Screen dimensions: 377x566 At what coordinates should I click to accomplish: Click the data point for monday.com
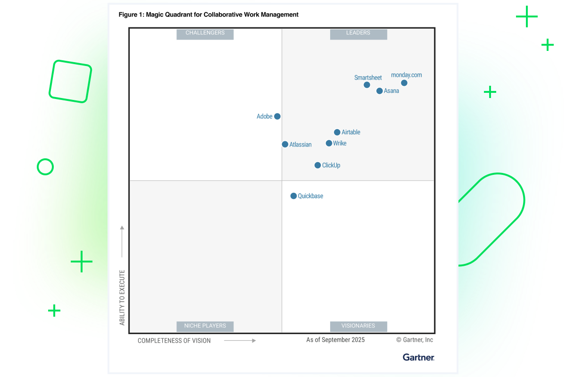click(404, 83)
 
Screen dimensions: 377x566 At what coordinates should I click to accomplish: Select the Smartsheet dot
click(367, 85)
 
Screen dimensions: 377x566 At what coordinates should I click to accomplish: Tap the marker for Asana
click(380, 91)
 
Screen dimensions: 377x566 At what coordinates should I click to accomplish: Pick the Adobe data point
click(277, 116)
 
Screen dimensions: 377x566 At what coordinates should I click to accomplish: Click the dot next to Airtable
click(337, 132)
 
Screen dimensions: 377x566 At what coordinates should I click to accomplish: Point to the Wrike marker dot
click(329, 143)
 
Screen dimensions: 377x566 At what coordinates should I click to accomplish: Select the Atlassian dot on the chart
click(285, 144)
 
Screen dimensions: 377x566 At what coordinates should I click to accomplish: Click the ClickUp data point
click(318, 165)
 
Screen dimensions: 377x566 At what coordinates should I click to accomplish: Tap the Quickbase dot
click(293, 196)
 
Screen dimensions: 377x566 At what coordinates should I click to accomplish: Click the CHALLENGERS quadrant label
click(205, 33)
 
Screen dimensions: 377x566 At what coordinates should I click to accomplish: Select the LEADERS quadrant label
click(358, 33)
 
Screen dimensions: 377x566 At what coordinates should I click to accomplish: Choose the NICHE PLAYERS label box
click(205, 326)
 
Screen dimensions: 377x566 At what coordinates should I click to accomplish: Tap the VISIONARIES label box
click(358, 326)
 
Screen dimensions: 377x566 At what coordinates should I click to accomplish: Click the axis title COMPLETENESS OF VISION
click(174, 340)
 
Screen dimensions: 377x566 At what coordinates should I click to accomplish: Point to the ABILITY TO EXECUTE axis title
click(122, 297)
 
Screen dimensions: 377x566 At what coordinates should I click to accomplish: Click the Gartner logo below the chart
click(418, 357)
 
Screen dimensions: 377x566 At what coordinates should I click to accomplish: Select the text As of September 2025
click(335, 340)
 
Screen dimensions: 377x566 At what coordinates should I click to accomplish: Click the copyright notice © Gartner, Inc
click(414, 340)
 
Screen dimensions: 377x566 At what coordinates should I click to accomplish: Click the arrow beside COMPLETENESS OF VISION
click(240, 340)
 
